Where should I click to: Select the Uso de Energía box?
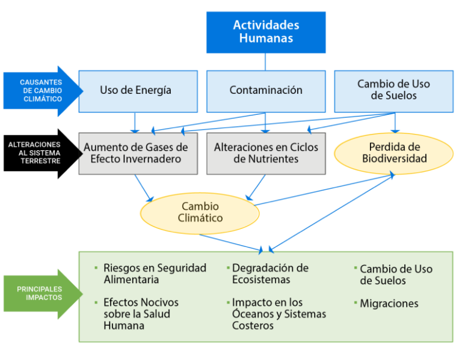coord(138,91)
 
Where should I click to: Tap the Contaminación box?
coord(266,91)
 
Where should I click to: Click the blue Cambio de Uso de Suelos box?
coord(393,91)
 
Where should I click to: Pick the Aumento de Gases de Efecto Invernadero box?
coord(138,154)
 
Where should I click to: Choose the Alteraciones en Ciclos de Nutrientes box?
coord(266,154)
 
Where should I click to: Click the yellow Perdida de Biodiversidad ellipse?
coord(394,153)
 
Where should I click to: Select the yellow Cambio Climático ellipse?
coord(200,212)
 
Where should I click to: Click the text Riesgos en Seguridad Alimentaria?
coord(155,273)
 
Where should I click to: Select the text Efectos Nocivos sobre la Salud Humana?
coord(141,314)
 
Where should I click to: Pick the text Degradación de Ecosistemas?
coord(270,273)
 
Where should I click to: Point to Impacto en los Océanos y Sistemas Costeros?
coord(279,314)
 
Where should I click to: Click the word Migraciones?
coord(389,304)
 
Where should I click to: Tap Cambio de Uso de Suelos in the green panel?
coord(396,275)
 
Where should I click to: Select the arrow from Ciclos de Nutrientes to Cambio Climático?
coord(255,188)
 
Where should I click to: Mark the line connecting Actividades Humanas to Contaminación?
coord(265,62)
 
